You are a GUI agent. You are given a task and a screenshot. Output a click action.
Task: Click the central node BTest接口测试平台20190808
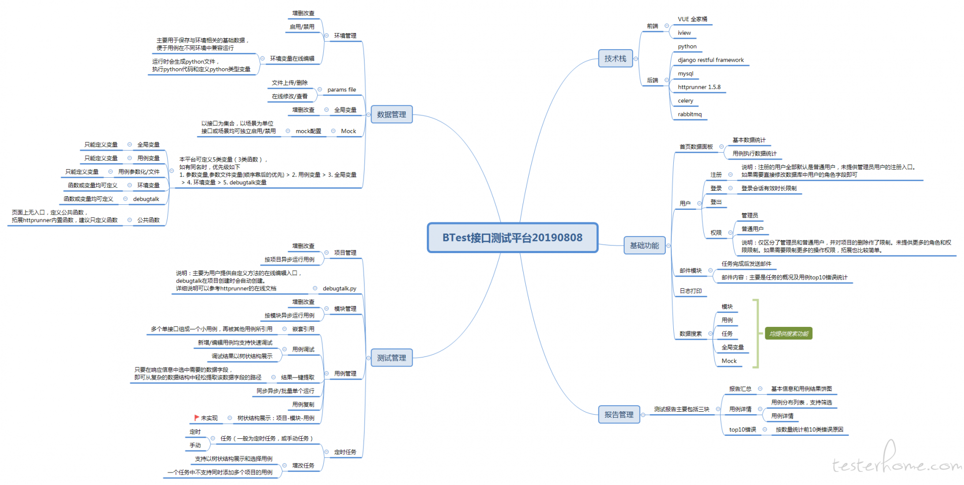pos(513,237)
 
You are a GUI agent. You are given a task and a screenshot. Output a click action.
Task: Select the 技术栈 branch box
pos(616,59)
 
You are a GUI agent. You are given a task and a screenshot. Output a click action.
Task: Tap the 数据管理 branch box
pos(392,114)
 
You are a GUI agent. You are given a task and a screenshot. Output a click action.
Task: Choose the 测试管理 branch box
pos(392,358)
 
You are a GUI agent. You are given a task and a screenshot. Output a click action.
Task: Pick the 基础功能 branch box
pos(645,246)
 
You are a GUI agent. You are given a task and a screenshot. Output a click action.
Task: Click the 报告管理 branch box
pos(619,415)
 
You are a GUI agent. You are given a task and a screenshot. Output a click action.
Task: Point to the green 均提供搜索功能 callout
pos(789,334)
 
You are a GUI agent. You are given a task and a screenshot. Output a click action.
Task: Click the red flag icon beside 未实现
pos(196,418)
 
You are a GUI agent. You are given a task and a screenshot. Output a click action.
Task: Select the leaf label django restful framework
pos(711,60)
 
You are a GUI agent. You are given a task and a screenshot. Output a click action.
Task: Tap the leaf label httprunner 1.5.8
pos(699,87)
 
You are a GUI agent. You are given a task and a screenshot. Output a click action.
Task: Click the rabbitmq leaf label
pos(690,114)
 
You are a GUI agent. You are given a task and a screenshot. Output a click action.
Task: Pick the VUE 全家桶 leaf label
pos(692,19)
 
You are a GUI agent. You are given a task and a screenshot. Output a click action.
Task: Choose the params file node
pos(342,90)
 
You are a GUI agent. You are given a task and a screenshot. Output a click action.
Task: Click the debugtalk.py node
pos(339,289)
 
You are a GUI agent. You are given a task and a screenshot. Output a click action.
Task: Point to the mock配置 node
pos(308,131)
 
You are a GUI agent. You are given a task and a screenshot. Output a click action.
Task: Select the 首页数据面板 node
pos(696,147)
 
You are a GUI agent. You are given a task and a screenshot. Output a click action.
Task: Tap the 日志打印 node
pos(691,291)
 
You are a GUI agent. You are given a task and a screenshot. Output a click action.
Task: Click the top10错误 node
pos(743,429)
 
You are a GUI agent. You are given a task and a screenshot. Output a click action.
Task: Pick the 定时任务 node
pos(345,452)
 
